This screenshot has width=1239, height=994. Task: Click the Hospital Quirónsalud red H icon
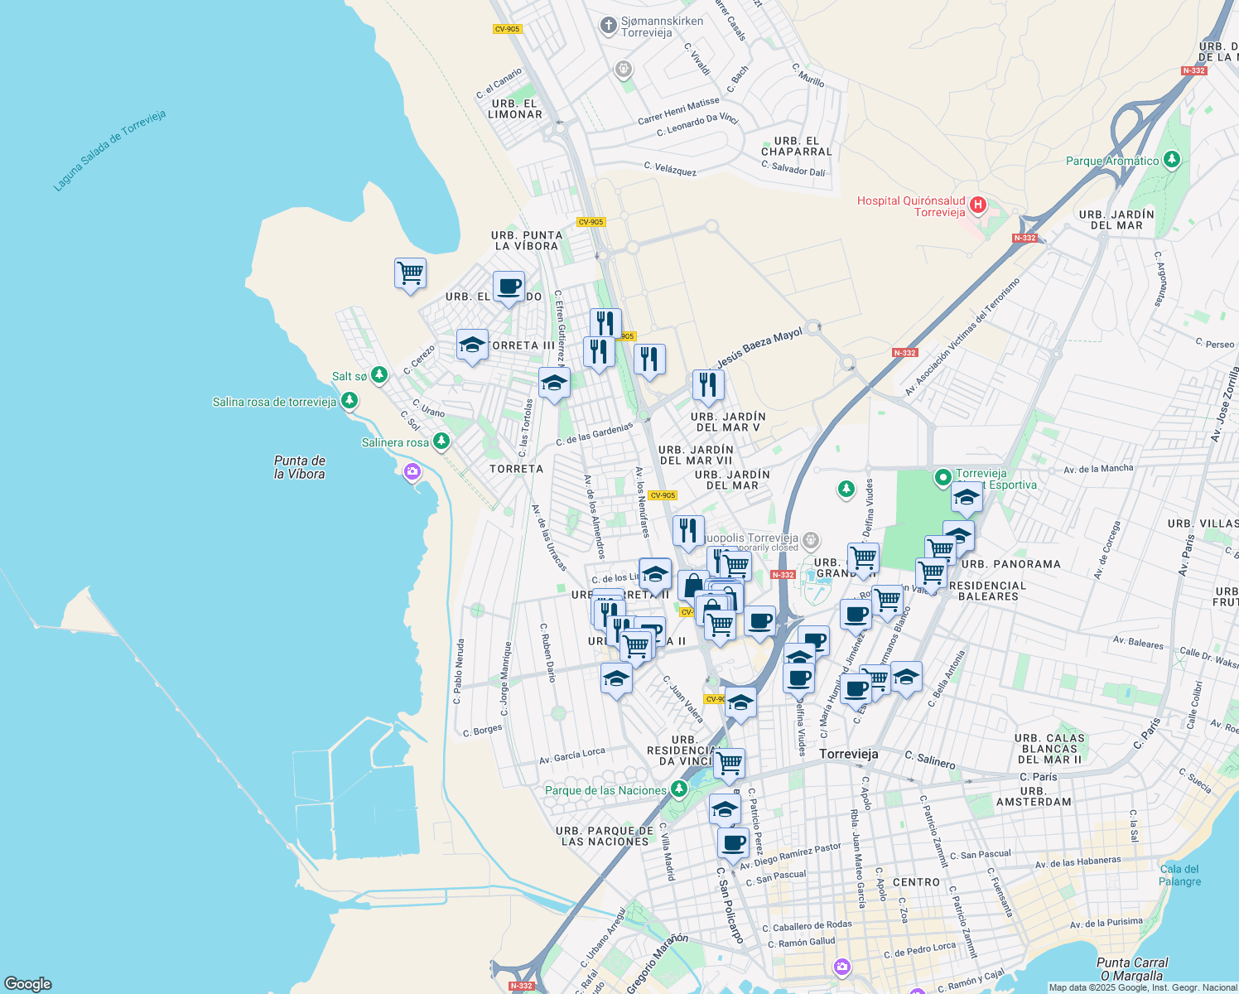point(978,205)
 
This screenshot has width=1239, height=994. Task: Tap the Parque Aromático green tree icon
point(1171,160)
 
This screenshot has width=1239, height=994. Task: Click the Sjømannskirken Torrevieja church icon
point(609,26)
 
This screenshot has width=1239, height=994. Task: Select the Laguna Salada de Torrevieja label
point(109,151)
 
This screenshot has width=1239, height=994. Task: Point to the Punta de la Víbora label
point(300,467)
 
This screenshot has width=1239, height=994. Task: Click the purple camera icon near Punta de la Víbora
point(412,472)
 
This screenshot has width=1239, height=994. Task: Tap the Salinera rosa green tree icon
point(441,442)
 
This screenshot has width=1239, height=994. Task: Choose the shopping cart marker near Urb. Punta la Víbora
point(410,273)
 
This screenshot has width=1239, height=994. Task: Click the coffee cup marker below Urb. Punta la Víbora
point(509,287)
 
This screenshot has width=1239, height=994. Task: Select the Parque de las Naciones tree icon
point(679,789)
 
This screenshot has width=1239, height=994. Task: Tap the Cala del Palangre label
point(1180,875)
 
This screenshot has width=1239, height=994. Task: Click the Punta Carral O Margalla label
point(1132,968)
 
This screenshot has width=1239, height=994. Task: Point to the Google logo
point(28,984)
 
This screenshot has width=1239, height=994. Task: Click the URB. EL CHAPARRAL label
point(796,146)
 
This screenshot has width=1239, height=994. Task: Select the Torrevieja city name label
point(848,754)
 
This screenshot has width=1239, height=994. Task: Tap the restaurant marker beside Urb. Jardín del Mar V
point(708,385)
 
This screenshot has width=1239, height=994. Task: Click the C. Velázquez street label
point(670,169)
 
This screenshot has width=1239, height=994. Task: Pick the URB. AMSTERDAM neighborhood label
point(1033,796)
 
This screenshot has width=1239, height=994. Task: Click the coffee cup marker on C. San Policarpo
point(733,843)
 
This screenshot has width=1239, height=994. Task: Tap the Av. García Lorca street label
point(571,755)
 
